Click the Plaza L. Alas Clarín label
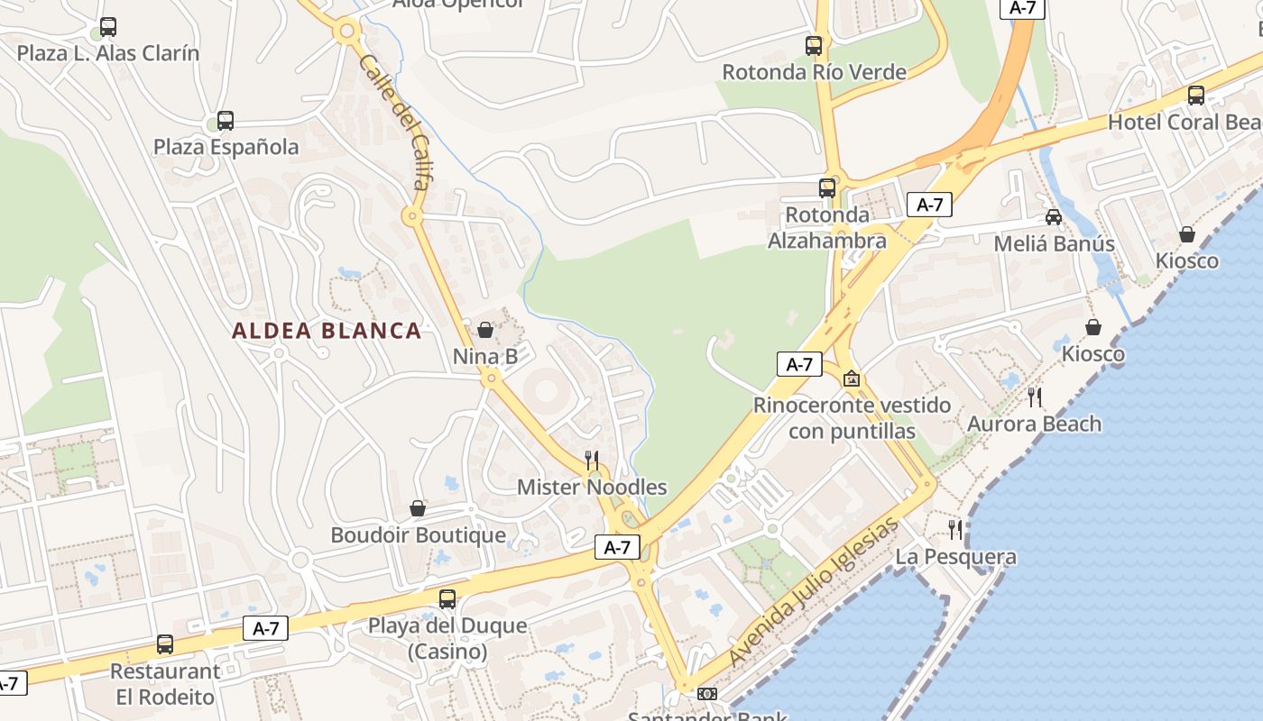click(x=108, y=53)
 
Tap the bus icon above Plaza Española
click(x=226, y=121)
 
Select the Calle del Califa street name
click(x=394, y=122)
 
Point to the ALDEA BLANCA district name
click(x=327, y=331)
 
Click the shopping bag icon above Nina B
click(x=485, y=330)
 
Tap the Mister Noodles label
click(x=592, y=488)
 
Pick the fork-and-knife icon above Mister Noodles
click(x=592, y=461)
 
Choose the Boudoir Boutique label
click(x=418, y=535)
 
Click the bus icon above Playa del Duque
click(x=447, y=598)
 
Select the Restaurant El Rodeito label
click(x=165, y=684)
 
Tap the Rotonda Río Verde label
click(x=814, y=72)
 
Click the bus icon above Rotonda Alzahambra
click(x=827, y=187)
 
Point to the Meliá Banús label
click(x=1054, y=244)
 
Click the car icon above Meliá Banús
click(x=1054, y=217)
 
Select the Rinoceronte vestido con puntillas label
click(x=852, y=418)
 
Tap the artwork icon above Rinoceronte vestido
click(x=851, y=379)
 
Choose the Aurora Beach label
click(x=1034, y=424)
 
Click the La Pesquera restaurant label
click(x=955, y=557)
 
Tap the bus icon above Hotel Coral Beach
click(x=1196, y=95)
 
